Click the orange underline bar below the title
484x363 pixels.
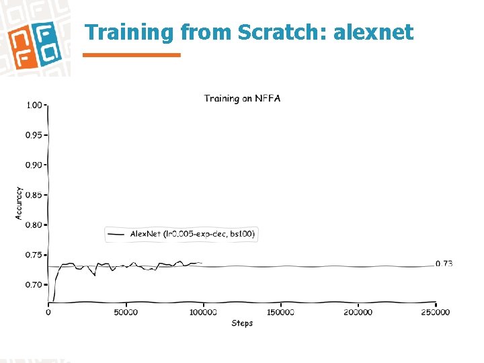pyautogui.click(x=132, y=55)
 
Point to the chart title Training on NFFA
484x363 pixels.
pyautogui.click(x=242, y=99)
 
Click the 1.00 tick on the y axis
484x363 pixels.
pyautogui.click(x=34, y=105)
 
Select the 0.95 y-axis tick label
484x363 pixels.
pyautogui.click(x=34, y=135)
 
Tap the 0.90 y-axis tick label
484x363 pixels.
pyautogui.click(x=34, y=165)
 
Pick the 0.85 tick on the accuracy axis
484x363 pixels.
pyautogui.click(x=34, y=195)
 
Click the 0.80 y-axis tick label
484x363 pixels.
pyautogui.click(x=34, y=225)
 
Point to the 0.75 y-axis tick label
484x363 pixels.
pyautogui.click(x=34, y=255)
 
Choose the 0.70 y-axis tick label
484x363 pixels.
pyautogui.click(x=34, y=285)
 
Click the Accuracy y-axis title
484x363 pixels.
pyautogui.click(x=19, y=203)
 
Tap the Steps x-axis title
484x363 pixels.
pyautogui.click(x=242, y=323)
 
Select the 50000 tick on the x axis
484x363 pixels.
pyautogui.click(x=126, y=312)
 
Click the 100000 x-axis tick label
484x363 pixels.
pyautogui.click(x=203, y=312)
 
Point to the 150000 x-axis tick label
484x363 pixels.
pyautogui.click(x=280, y=312)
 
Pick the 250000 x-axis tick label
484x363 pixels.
pyautogui.click(x=436, y=312)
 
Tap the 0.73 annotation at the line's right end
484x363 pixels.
pyautogui.click(x=444, y=264)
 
